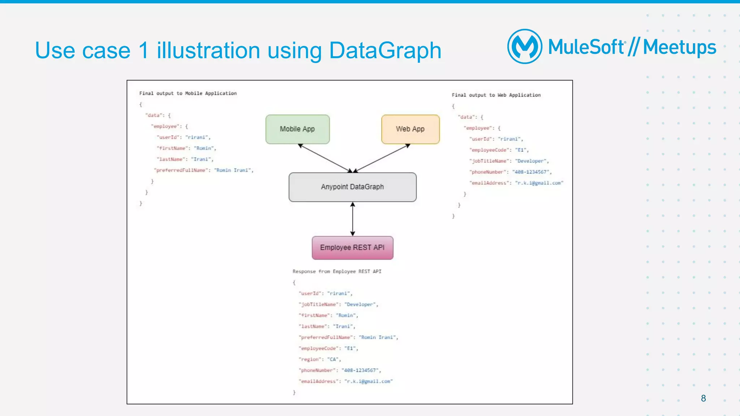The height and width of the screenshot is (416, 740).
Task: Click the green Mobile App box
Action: click(x=297, y=129)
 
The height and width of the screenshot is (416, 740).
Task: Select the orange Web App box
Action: click(x=410, y=129)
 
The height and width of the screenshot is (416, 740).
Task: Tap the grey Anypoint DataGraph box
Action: click(x=352, y=187)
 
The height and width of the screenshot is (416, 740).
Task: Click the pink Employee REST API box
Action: click(x=352, y=248)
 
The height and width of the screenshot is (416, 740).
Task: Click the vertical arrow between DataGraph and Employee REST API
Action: click(x=353, y=219)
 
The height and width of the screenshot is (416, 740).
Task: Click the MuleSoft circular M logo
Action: click(x=525, y=47)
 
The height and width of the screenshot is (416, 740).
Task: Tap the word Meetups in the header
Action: click(x=679, y=47)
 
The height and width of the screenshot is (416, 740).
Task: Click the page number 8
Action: click(x=703, y=398)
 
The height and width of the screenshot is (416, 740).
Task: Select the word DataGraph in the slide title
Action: click(x=385, y=50)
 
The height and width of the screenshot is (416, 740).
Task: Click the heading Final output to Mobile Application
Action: click(x=188, y=93)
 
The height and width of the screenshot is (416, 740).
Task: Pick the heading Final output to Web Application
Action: click(x=496, y=95)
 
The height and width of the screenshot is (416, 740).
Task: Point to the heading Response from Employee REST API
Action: click(x=337, y=271)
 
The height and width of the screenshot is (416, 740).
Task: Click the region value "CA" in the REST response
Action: click(x=333, y=359)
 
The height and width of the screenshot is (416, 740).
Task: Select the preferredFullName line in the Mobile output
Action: click(x=204, y=170)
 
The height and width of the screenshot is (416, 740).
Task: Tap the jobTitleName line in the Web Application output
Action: click(x=509, y=161)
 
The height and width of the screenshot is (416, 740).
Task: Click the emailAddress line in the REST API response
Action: click(x=345, y=381)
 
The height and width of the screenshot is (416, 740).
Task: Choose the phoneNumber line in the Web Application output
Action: click(x=510, y=172)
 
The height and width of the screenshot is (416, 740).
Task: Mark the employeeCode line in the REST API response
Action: click(x=328, y=349)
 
